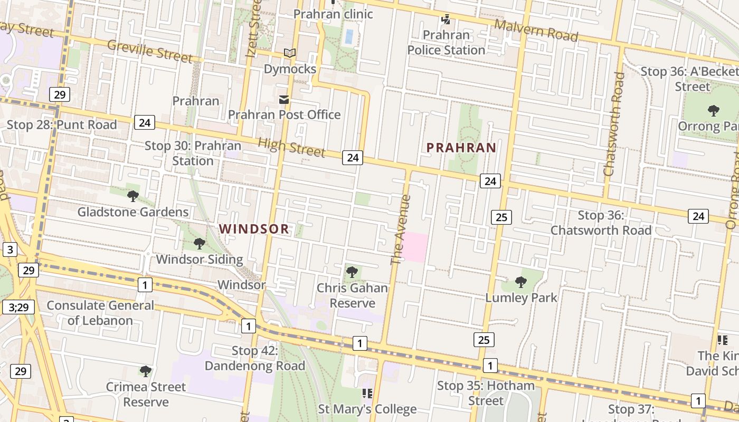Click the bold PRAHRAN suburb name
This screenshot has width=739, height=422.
coord(461,148)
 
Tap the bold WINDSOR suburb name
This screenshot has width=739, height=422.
coord(254,229)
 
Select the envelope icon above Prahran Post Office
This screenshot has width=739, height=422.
coord(284,100)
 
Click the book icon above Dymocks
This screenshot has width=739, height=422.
coord(289,53)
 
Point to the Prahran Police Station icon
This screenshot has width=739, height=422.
coord(446,20)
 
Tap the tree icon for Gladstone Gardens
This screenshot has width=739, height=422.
coord(133,196)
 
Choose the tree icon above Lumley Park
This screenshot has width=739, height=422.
coord(521,282)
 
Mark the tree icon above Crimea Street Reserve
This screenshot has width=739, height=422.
coord(146,371)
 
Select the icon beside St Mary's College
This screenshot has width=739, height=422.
coord(367,394)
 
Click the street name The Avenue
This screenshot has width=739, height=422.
coord(400,230)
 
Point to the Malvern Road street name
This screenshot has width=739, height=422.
coord(536,30)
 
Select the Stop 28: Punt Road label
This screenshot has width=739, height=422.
coord(62,125)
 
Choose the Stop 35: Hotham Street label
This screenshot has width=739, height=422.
coord(486,393)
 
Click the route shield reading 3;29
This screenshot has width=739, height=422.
coord(18,306)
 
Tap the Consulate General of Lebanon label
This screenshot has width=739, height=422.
coord(100,313)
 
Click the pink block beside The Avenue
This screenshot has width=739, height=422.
coord(415,246)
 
